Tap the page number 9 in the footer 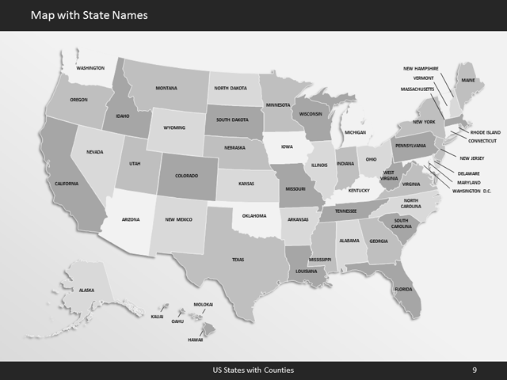coord(474,370)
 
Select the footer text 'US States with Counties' coord(253,370)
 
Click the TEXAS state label coord(238,259)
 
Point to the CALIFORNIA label coord(67,184)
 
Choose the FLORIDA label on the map coord(402,288)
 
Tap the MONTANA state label coord(166,88)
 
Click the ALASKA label coord(86,291)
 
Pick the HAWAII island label coord(195,340)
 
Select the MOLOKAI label coord(204,305)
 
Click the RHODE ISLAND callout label coord(485,132)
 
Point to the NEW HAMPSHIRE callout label coord(421,68)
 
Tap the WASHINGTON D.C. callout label coord(471,191)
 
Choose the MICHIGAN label coord(355,132)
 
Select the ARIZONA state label coord(130,218)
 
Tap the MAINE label coord(469,80)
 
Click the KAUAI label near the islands coord(157,317)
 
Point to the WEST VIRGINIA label coord(389,175)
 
